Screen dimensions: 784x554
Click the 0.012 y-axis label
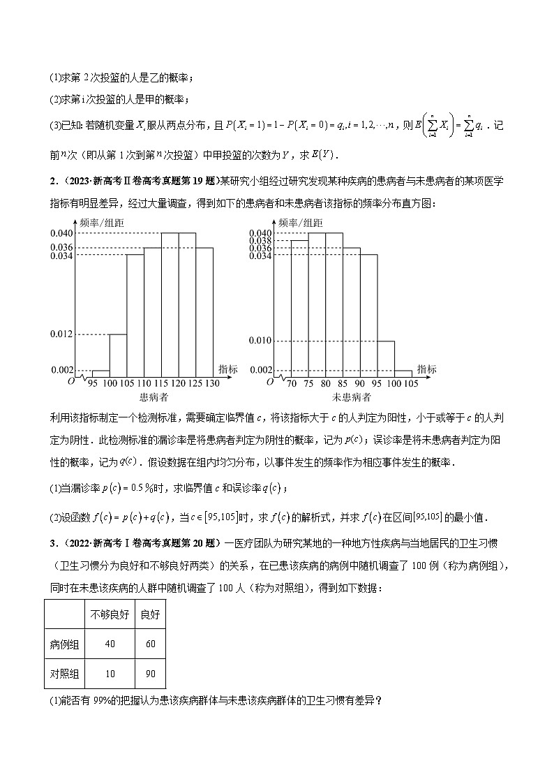coord(63,334)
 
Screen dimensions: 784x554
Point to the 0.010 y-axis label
coord(260,341)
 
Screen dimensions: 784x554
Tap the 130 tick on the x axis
coord(212,384)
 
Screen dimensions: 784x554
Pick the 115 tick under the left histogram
coord(161,384)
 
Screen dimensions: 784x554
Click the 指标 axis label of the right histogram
coord(427,369)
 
